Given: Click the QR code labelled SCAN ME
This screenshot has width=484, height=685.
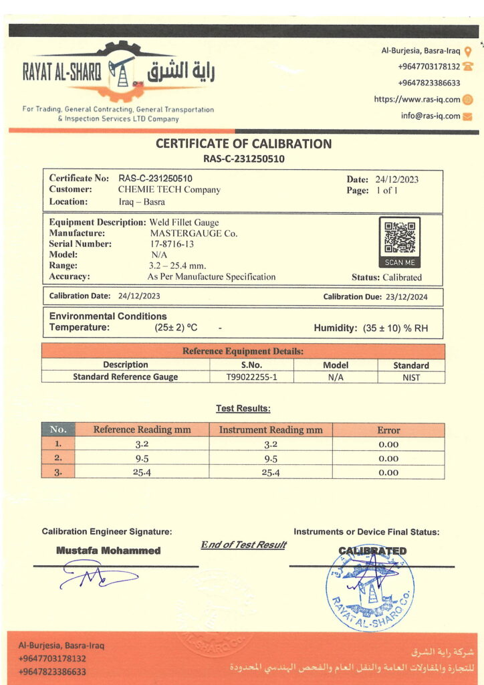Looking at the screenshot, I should click(x=400, y=237).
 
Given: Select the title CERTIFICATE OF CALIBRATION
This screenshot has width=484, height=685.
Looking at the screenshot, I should click(x=243, y=143).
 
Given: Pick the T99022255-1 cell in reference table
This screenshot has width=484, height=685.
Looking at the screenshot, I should click(x=251, y=377).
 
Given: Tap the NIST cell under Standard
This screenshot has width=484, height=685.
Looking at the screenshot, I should click(x=410, y=377).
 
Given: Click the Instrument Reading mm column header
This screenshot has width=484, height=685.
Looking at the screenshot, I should click(x=271, y=430).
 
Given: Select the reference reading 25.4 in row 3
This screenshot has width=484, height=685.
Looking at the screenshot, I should click(x=142, y=472).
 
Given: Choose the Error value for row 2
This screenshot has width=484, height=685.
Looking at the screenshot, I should click(x=388, y=458).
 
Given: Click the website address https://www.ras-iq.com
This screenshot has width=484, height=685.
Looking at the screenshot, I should click(x=417, y=100).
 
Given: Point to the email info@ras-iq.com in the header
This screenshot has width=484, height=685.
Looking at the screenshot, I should click(x=431, y=116).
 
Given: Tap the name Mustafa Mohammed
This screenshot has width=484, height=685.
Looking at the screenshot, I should click(x=108, y=551).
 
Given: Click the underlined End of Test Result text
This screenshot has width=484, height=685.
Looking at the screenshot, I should click(x=243, y=545).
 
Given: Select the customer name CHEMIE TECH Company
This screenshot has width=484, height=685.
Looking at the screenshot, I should click(x=169, y=190).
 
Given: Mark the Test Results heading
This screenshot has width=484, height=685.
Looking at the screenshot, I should click(x=243, y=408).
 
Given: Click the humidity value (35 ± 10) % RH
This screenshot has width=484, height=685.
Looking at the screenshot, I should click(x=394, y=328).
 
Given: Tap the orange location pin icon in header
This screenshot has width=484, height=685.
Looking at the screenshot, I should click(x=468, y=51).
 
